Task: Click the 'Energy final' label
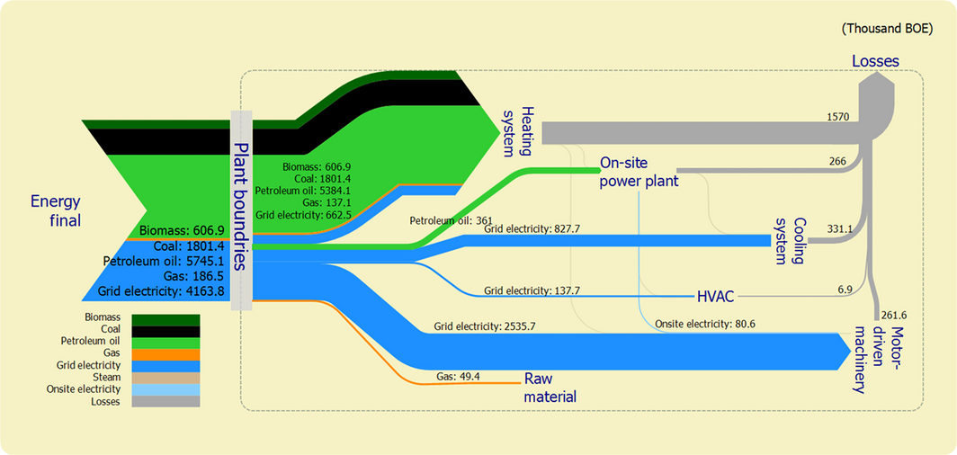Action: click(x=56, y=209)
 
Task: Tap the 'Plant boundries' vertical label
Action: click(x=241, y=206)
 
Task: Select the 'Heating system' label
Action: click(x=519, y=129)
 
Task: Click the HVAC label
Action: click(x=717, y=295)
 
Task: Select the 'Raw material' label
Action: click(x=550, y=387)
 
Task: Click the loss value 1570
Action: click(x=838, y=117)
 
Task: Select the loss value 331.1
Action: click(x=839, y=229)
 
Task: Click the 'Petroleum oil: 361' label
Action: click(x=441, y=220)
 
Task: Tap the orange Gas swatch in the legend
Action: click(x=165, y=354)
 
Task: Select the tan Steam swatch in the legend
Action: click(x=165, y=378)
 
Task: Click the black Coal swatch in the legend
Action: click(x=165, y=330)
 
